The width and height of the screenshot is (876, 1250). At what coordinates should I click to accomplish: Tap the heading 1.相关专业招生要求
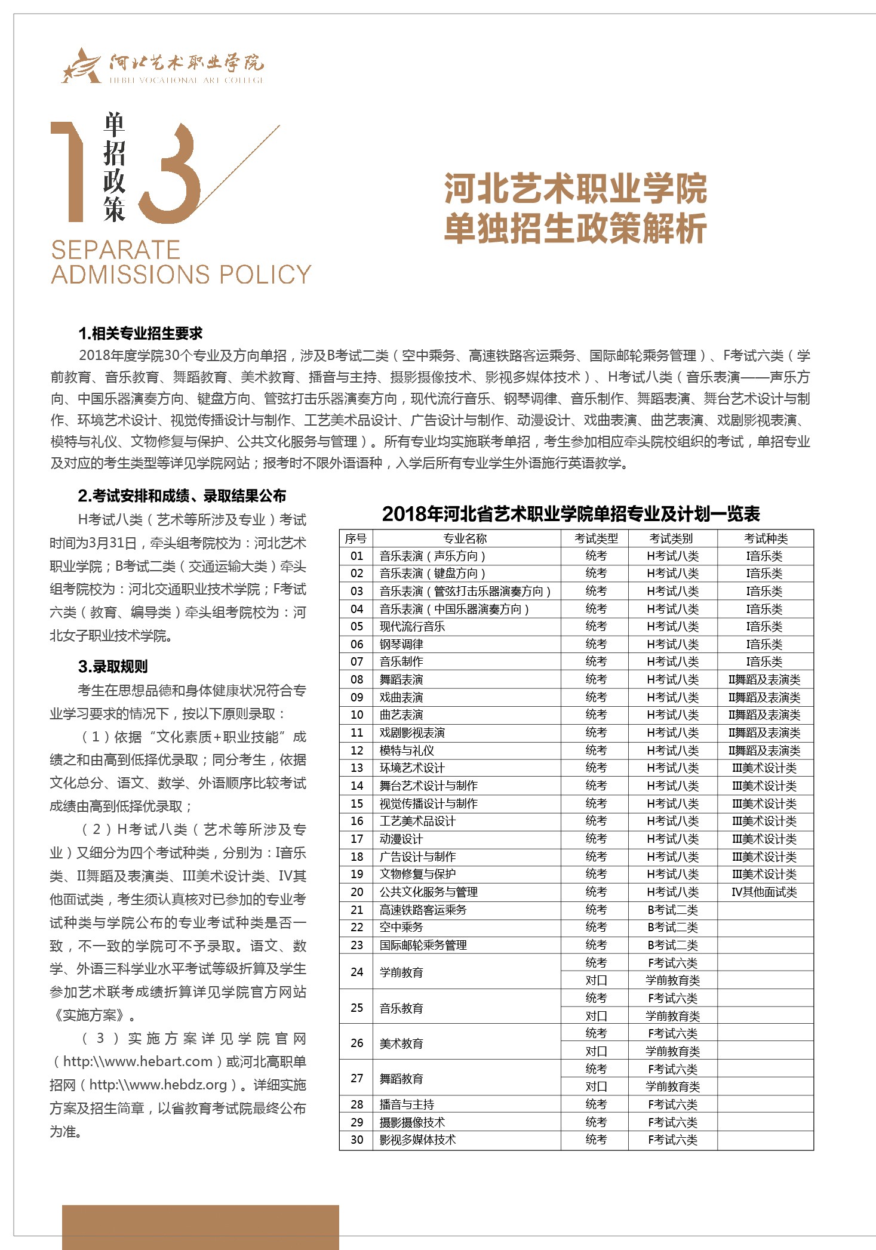point(140,333)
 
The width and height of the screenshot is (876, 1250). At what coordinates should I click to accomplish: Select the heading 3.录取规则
point(113,666)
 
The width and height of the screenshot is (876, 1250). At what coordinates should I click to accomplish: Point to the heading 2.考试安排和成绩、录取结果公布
point(182,495)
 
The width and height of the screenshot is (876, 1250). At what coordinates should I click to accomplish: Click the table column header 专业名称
point(465,538)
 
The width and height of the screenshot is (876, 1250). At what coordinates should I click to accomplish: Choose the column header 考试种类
point(766,538)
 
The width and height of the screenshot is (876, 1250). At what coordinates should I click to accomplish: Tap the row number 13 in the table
point(356,768)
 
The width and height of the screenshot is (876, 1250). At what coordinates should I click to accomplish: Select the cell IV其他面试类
point(764,892)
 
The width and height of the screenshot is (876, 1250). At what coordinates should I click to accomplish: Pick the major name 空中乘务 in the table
point(401,927)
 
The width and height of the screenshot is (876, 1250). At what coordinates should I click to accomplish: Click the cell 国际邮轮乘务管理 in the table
point(423,945)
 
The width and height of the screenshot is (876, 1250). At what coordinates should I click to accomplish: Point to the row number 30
point(356,1140)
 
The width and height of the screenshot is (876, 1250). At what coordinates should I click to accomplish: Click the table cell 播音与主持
point(407,1104)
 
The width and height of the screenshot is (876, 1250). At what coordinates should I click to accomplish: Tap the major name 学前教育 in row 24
point(401,972)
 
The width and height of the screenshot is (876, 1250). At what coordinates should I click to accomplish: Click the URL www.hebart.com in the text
point(138,1061)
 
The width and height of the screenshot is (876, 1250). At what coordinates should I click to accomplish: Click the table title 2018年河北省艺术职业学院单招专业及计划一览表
point(571,513)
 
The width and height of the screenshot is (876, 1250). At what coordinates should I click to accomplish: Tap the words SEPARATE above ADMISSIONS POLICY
point(116,250)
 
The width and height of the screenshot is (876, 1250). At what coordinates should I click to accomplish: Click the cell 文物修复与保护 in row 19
point(417,874)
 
